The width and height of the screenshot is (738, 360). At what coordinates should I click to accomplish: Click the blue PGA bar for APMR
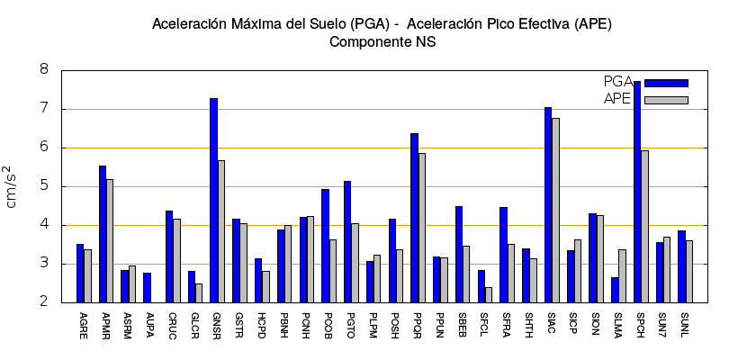(x=103, y=234)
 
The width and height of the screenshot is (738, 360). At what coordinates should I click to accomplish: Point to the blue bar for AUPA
(x=147, y=287)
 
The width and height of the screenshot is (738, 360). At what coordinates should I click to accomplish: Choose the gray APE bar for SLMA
(x=622, y=275)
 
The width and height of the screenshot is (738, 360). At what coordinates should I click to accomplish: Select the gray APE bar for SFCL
(x=489, y=294)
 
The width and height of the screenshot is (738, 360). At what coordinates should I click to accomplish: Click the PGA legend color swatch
(x=666, y=83)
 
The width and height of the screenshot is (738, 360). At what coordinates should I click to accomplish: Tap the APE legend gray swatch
(x=666, y=100)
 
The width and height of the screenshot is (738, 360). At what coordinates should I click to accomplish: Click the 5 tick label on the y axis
(x=43, y=186)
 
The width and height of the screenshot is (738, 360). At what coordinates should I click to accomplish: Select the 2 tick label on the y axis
(x=43, y=302)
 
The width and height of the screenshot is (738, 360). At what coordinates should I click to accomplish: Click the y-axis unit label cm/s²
(x=12, y=186)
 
